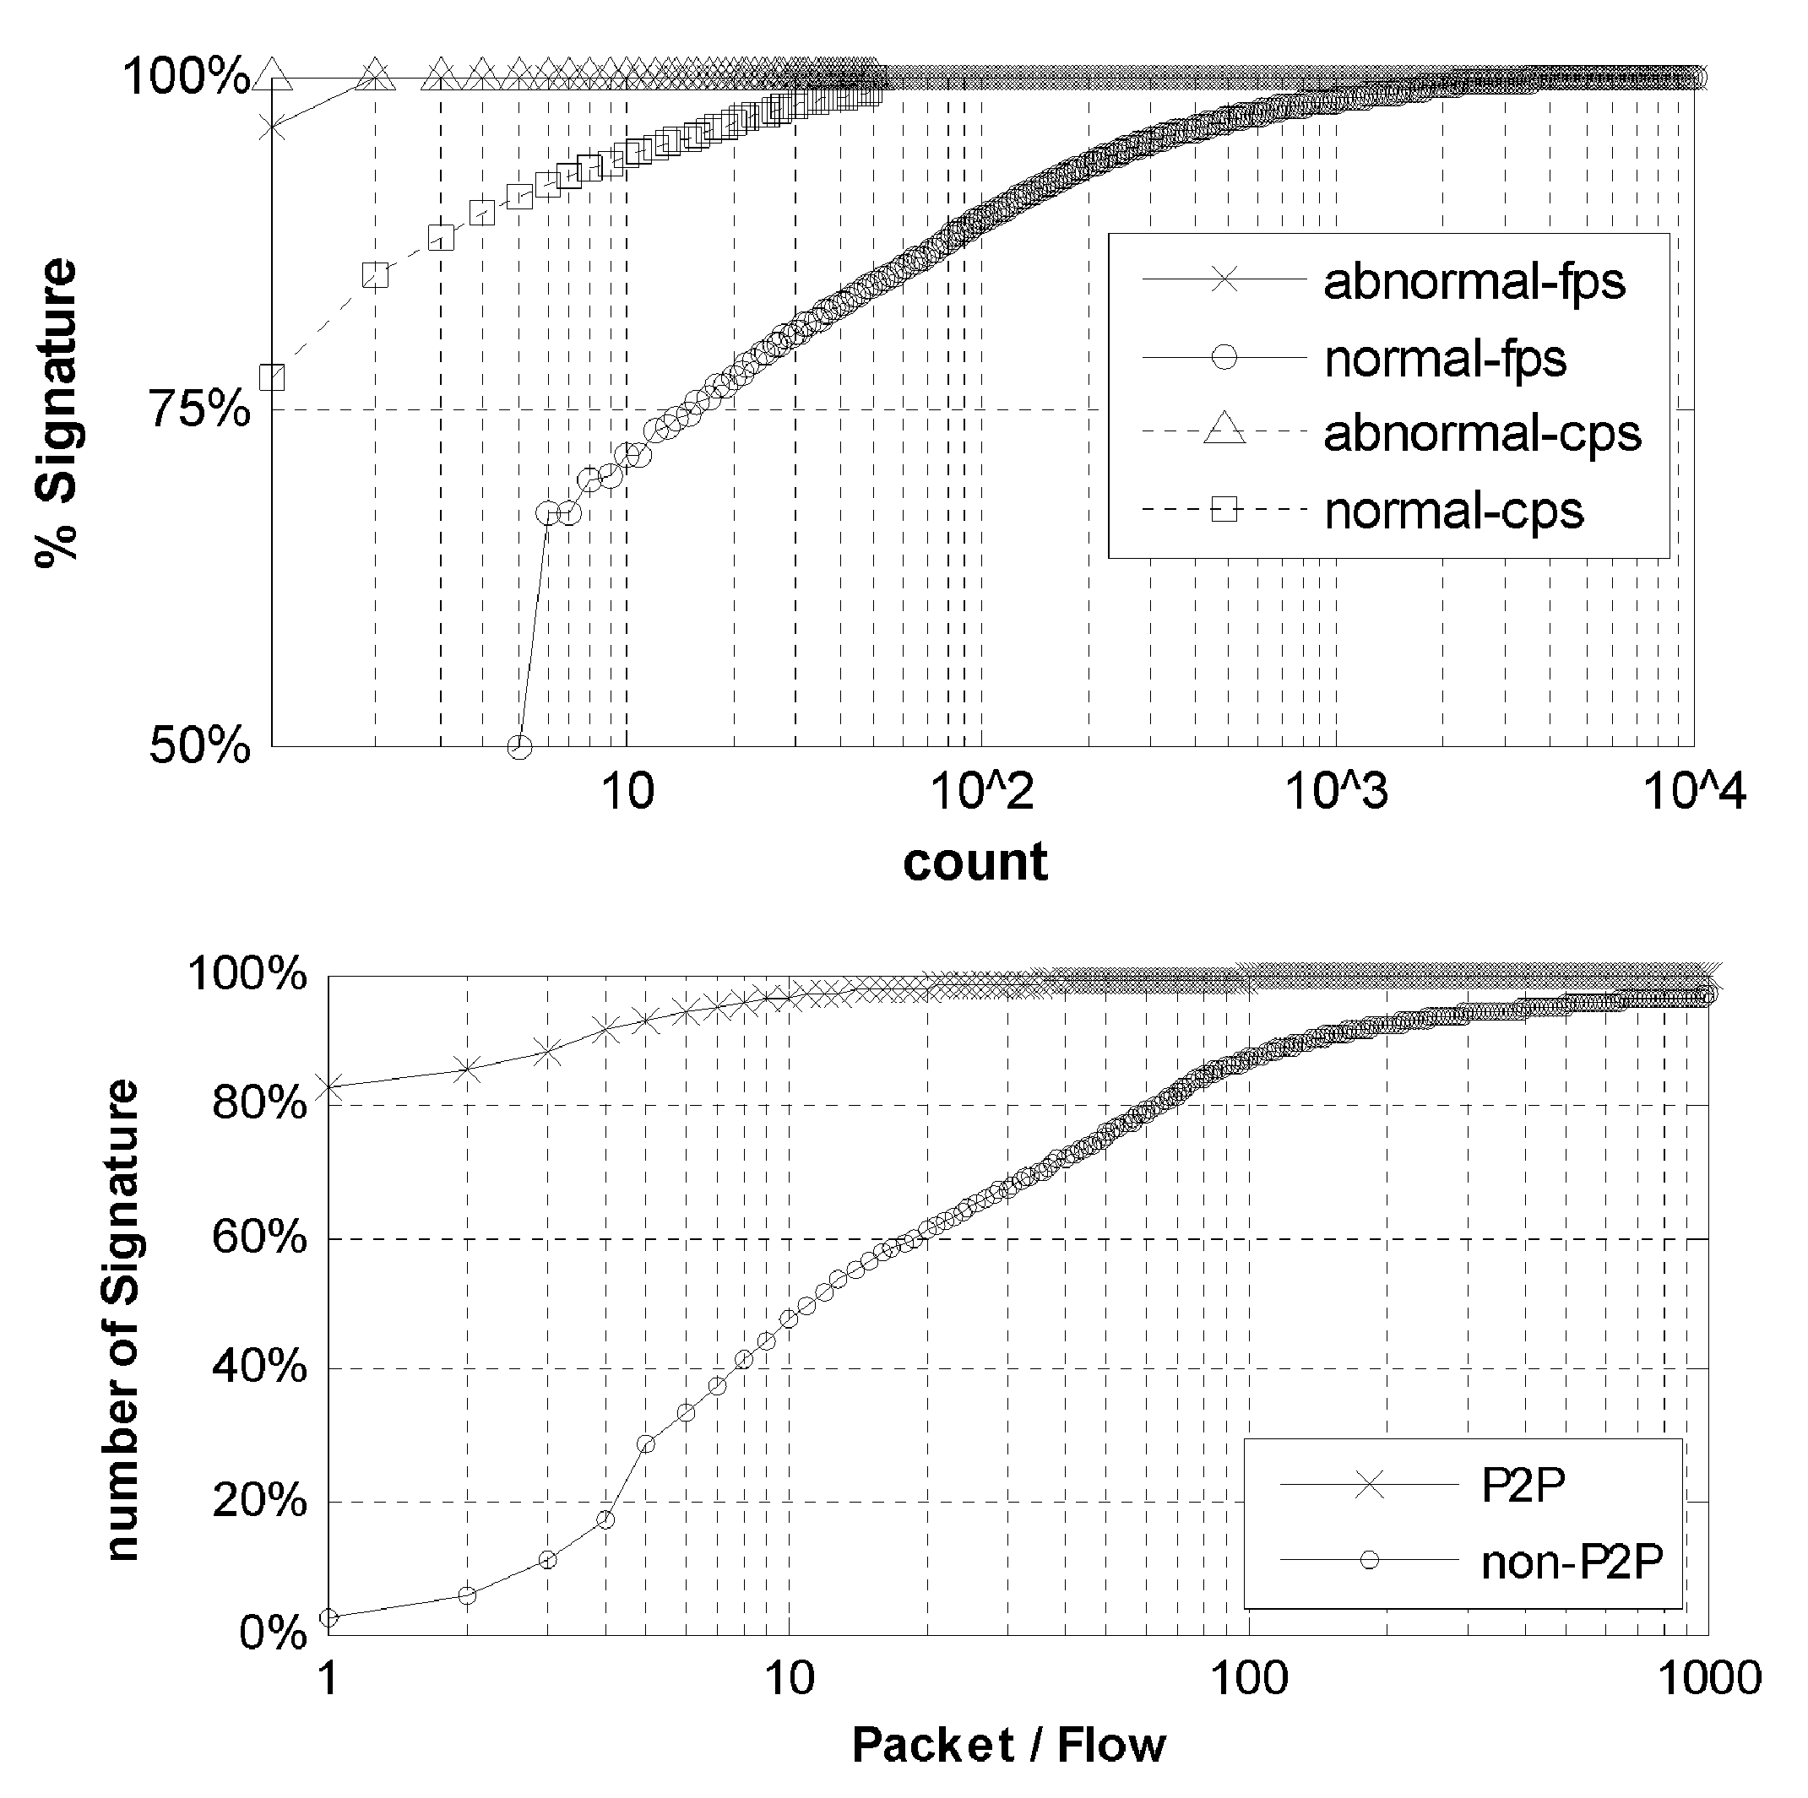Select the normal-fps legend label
[1445, 358]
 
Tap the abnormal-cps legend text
[1482, 433]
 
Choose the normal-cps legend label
[1453, 511]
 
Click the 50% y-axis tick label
[201, 746]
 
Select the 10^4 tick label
[1695, 792]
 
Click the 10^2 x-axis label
[980, 792]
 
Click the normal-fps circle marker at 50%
[520, 746]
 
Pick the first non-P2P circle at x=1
[328, 1617]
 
